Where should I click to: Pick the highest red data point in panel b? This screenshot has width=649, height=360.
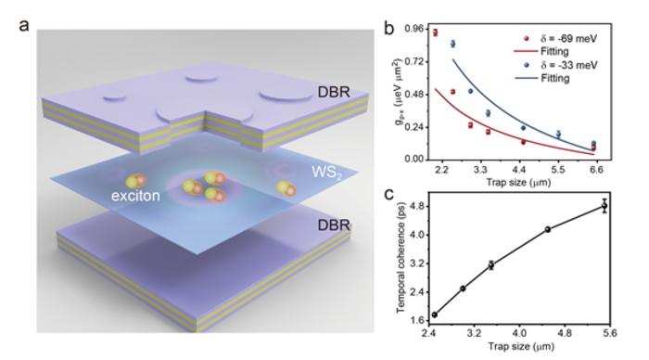(x=435, y=32)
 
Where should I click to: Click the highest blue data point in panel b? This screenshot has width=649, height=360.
(x=452, y=44)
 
